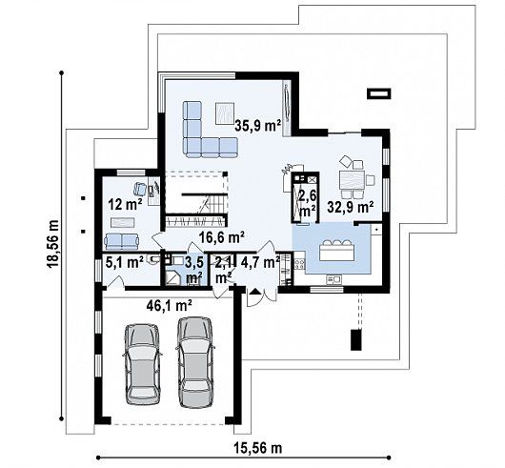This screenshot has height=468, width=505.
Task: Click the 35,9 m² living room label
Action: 258,126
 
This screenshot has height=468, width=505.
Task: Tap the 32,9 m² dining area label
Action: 351,207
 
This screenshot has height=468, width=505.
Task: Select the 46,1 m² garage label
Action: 169,305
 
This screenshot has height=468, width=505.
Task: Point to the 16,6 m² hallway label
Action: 221,237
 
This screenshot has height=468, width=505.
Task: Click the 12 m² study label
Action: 125,204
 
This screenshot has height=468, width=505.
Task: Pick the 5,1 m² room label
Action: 124,263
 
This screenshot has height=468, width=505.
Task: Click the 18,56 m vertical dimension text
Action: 52,243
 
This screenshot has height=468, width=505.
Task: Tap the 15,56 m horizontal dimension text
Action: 257,448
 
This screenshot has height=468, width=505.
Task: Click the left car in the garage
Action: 142,364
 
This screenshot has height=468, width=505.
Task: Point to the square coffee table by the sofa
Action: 225,112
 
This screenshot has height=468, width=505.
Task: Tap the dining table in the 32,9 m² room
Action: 352,180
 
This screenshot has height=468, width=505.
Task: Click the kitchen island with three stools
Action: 337,251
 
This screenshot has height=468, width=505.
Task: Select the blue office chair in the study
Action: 140,189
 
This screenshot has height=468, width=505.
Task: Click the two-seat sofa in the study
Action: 121,241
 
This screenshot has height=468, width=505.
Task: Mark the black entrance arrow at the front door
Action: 255,292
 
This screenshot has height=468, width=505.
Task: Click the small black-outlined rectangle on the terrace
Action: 380,93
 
